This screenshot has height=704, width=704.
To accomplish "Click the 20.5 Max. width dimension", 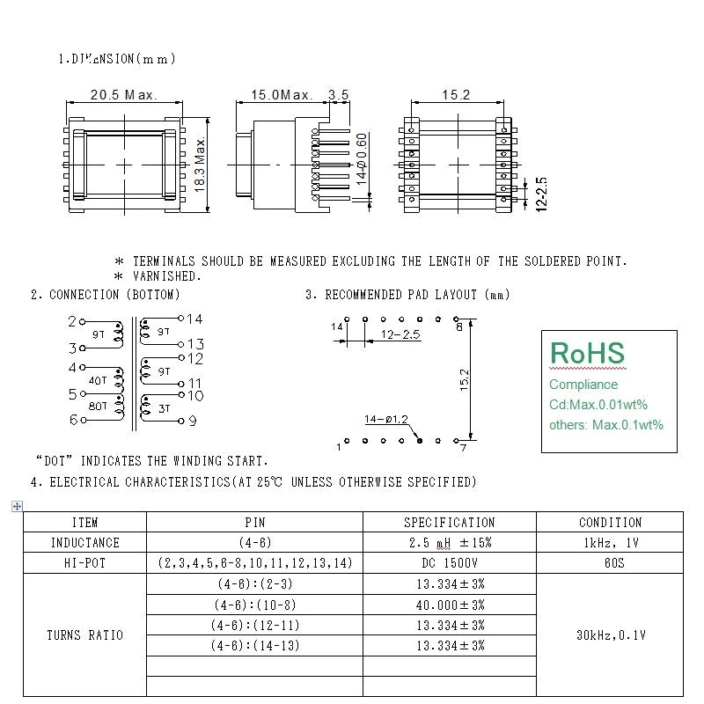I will click(123, 95).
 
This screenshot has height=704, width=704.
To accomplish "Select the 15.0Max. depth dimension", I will click(282, 95).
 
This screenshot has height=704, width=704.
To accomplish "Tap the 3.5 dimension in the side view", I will click(338, 95).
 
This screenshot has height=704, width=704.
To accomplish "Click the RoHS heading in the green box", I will click(587, 354).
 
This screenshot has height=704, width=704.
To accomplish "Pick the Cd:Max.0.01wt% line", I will click(598, 405).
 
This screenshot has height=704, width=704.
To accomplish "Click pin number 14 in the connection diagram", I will click(194, 319).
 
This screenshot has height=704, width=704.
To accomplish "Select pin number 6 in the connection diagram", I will click(73, 420).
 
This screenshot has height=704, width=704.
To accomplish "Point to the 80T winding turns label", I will click(98, 407).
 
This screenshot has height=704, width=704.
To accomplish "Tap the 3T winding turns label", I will click(165, 408).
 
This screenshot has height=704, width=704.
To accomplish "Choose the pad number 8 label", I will click(458, 327).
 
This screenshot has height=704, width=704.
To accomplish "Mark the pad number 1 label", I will click(339, 447).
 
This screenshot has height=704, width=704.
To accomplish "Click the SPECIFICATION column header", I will click(449, 523).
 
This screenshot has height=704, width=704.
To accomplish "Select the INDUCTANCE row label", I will click(84, 543).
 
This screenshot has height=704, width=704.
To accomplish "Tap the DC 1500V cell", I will click(449, 563).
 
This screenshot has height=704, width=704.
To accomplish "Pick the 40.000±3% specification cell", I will click(450, 605).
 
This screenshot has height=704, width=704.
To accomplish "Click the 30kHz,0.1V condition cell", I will click(610, 634).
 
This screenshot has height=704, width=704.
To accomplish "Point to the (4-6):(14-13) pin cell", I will click(254, 646).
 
